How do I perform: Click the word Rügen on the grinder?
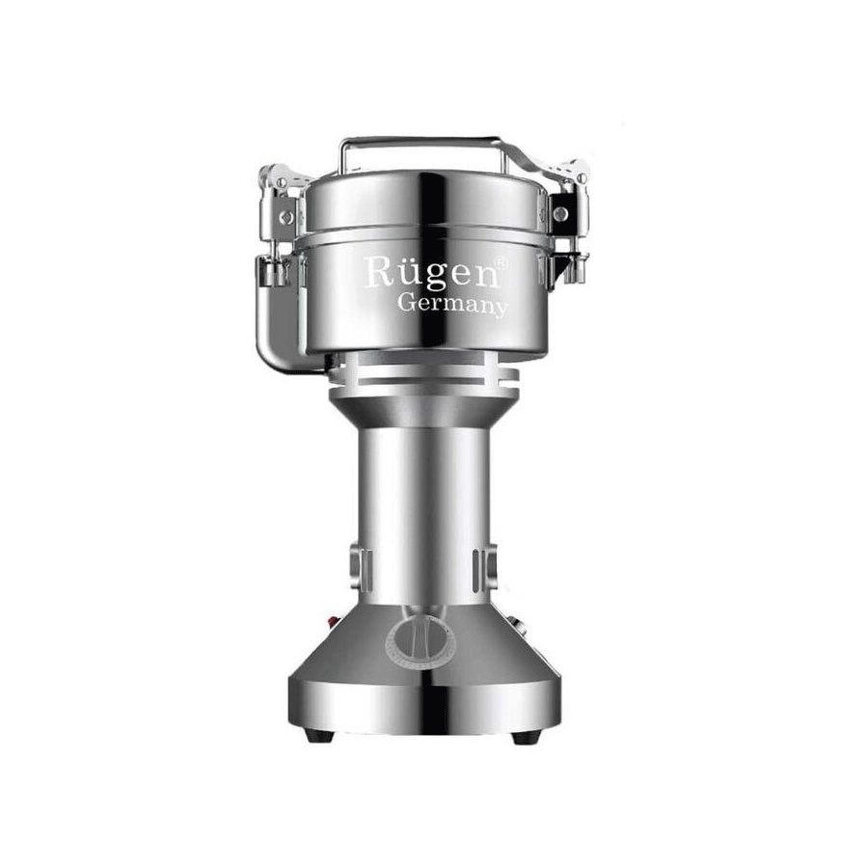pyautogui.click(x=431, y=272)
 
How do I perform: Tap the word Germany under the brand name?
pyautogui.click(x=453, y=305)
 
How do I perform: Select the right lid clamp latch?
pyautogui.click(x=567, y=216)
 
